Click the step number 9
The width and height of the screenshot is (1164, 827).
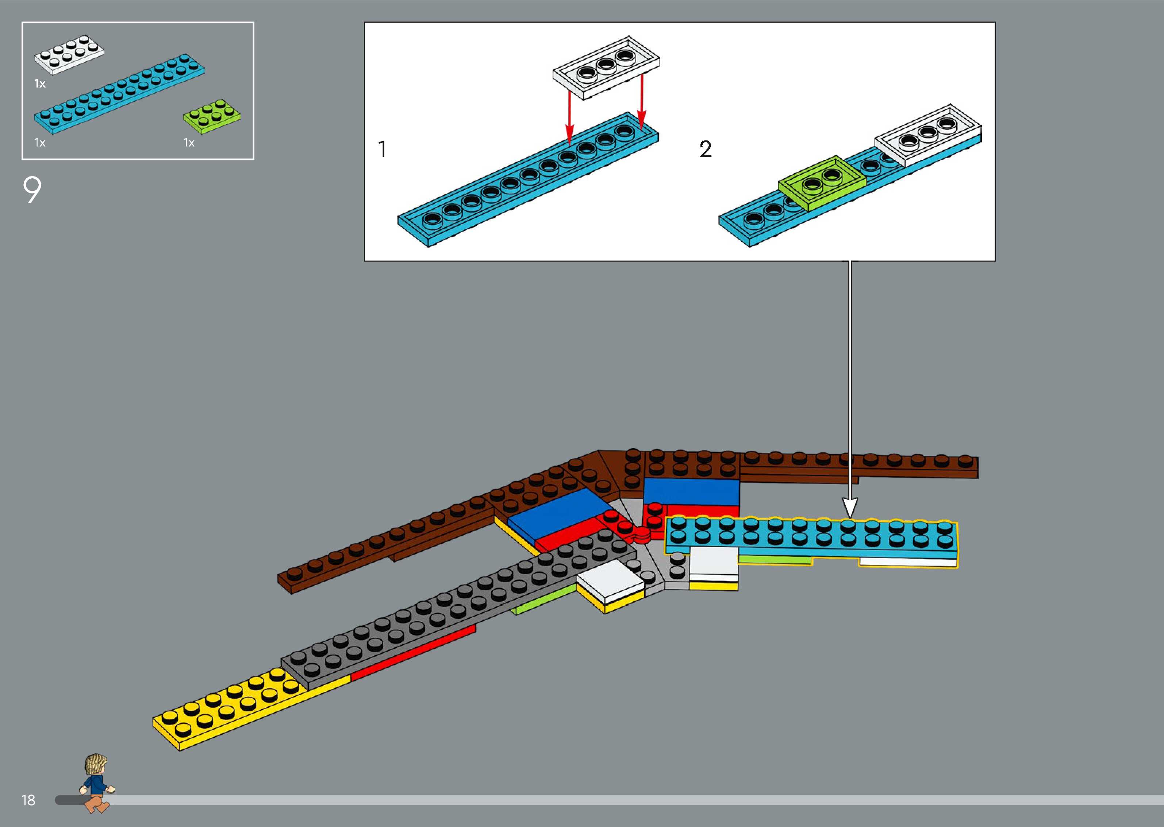pos(32,190)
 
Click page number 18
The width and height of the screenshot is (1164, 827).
pos(28,800)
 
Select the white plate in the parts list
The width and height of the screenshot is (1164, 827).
pos(69,55)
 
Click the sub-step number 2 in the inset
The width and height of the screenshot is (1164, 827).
pos(705,149)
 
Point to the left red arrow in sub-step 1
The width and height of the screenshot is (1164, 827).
pos(569,117)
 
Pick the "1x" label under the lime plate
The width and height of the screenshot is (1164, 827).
pos(189,143)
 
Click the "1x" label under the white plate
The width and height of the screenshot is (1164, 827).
pos(40,84)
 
